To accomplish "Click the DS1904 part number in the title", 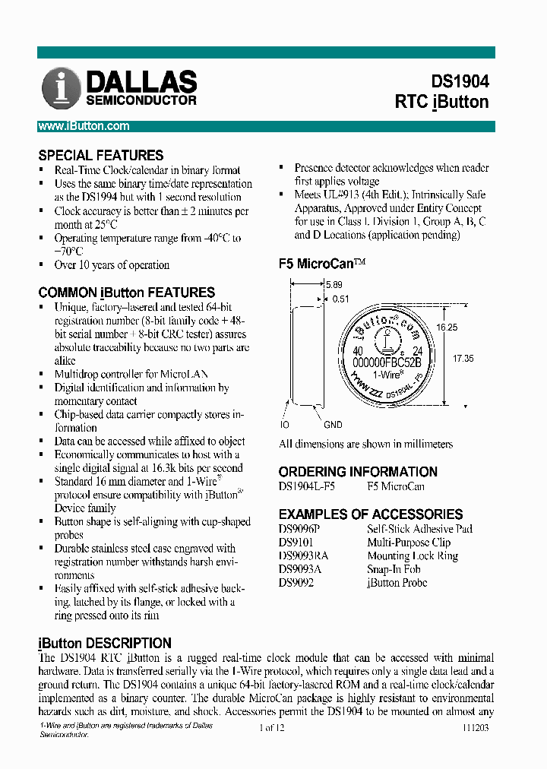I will coord(460,81).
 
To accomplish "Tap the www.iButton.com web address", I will coord(84,126).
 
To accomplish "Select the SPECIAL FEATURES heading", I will coord(101,155).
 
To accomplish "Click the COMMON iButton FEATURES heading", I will coord(126,293).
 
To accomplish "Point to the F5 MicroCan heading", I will coord(322,264).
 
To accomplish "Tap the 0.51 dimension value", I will coord(341,299).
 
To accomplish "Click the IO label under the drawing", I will coord(285,425).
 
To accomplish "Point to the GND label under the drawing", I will coord(333,425).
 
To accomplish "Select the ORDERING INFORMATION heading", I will coord(358,472).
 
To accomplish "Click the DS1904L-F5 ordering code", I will coord(307,486).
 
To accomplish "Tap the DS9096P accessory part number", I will coord(300,529).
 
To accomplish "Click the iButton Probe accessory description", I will coord(397,583).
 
